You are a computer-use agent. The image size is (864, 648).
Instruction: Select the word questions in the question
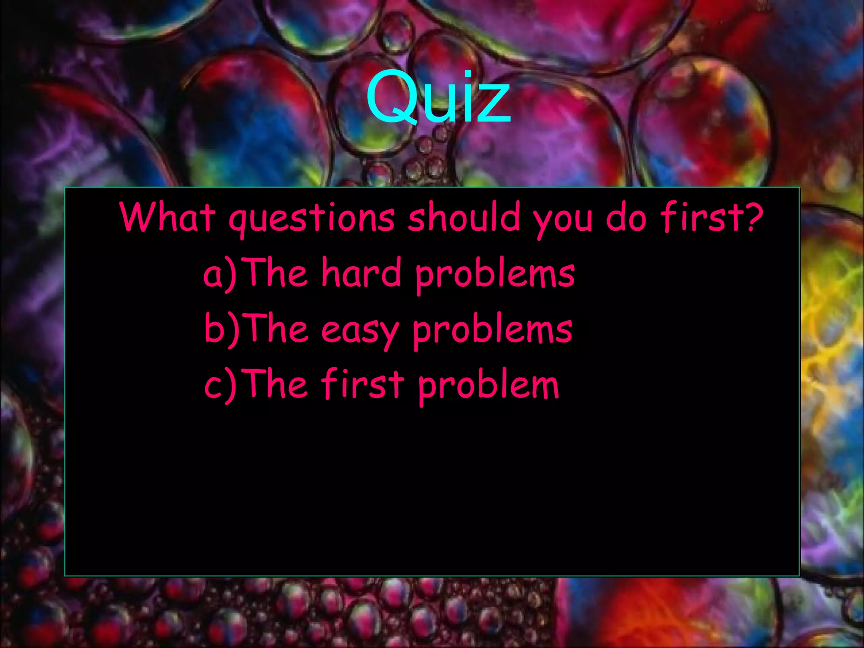click(x=312, y=219)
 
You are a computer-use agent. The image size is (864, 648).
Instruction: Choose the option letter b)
click(x=221, y=329)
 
